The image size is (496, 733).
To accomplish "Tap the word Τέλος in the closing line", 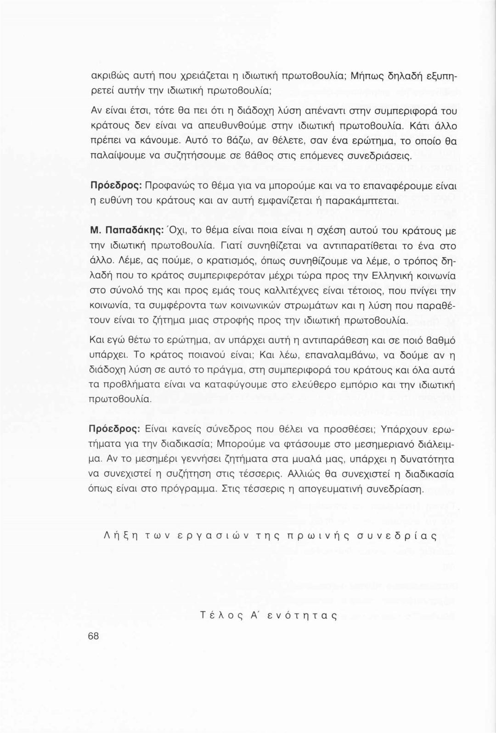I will pos(218,616).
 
